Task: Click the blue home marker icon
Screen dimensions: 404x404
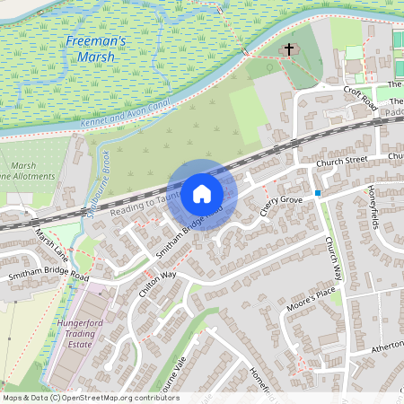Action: [201, 193]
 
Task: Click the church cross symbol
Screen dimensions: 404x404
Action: [289, 50]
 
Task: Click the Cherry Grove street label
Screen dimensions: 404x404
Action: [280, 206]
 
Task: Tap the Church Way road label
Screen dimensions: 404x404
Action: [333, 257]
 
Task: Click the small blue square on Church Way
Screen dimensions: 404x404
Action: [319, 193]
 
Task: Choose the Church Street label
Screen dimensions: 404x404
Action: [341, 162]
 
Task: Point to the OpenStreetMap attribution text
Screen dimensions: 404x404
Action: [90, 398]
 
